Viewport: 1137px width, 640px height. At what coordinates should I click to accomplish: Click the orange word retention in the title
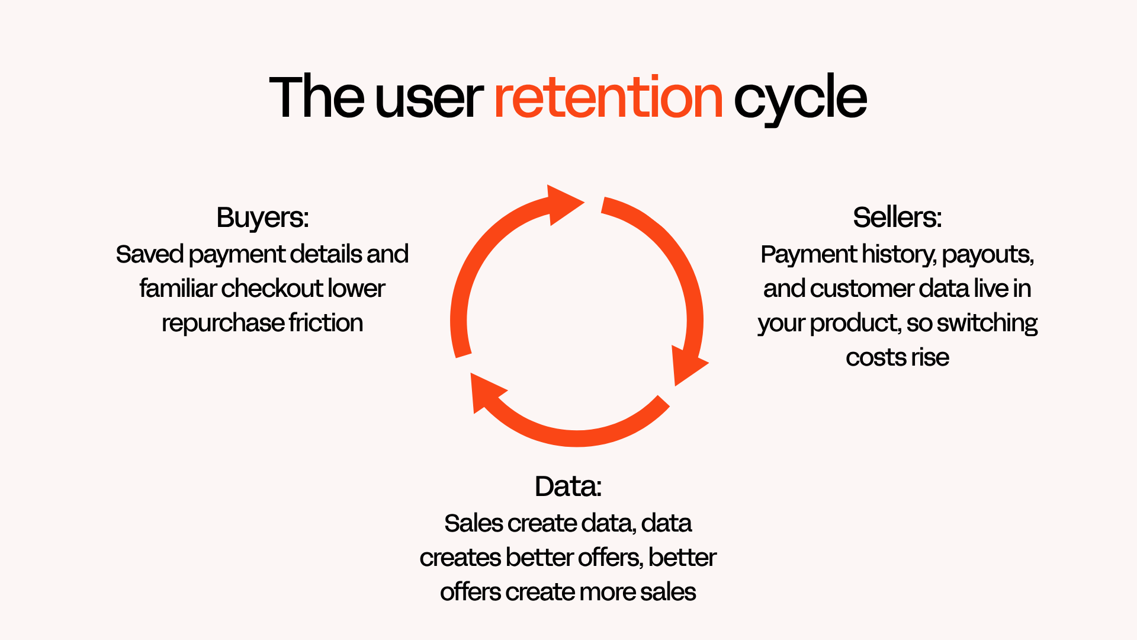pos(608,97)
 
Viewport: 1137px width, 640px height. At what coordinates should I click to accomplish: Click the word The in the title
pos(316,96)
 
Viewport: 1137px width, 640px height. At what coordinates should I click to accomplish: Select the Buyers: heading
pos(262,217)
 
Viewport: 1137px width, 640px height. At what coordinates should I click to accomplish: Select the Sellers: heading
pos(897,217)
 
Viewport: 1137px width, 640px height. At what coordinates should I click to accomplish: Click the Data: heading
pos(568,486)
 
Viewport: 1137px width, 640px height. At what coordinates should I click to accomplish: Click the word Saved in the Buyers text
pos(150,254)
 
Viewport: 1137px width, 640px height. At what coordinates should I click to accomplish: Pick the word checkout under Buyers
pos(272,289)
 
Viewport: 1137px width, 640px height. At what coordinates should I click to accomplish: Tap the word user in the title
pos(429,100)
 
